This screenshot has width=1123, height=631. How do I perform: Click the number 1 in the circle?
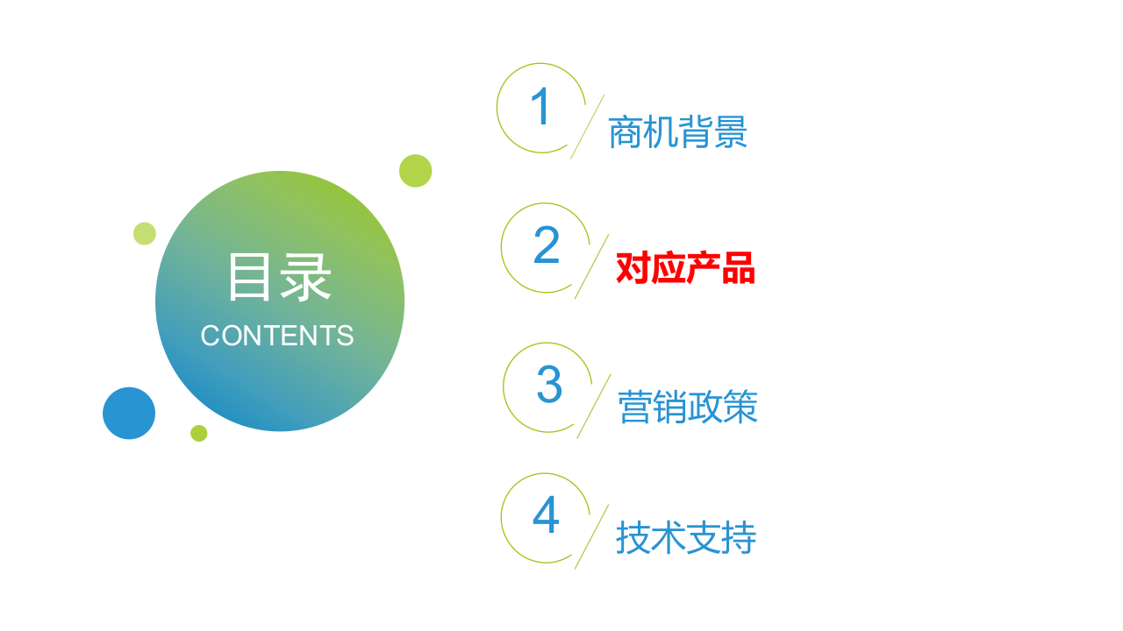(540, 107)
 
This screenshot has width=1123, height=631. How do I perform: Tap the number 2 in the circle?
(546, 246)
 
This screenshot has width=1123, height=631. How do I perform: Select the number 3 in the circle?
(549, 386)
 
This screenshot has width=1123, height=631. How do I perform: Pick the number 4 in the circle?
(546, 516)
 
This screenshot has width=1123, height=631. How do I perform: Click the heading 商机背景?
(677, 133)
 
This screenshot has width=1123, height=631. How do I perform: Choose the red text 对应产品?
(685, 268)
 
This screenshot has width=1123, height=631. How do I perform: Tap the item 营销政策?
(688, 408)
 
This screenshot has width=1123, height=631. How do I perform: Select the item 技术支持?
(685, 538)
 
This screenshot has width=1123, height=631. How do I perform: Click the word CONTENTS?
(276, 336)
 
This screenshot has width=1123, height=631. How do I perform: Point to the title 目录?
(279, 278)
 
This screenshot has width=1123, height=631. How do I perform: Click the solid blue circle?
(129, 413)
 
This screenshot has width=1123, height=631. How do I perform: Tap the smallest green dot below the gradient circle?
(199, 433)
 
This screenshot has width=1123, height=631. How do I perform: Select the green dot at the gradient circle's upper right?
(415, 171)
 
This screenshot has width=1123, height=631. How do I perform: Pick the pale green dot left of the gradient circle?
(145, 234)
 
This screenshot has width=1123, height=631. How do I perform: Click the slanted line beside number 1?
(587, 127)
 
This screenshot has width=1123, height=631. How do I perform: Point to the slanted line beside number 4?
(591, 536)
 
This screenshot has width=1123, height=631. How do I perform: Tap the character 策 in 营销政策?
(740, 408)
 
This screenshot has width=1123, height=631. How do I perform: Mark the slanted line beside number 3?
(594, 406)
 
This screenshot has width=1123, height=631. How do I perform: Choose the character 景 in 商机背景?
(730, 133)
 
